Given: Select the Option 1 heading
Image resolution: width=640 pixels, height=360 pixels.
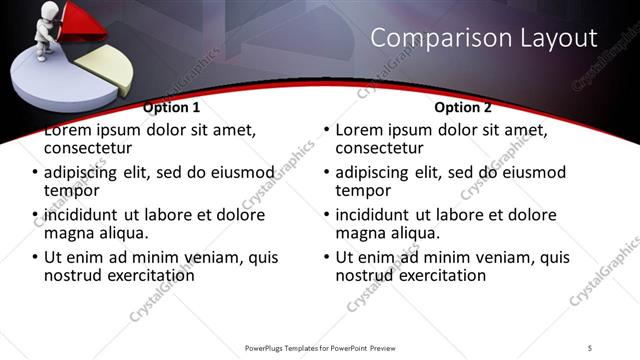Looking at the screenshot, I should tap(171, 106).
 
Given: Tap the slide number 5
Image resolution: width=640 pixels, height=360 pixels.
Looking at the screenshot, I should tap(591, 347).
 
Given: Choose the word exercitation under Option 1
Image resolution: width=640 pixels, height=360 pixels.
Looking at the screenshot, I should tap(149, 274).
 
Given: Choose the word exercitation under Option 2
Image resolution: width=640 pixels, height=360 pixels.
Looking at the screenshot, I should tap(439, 274).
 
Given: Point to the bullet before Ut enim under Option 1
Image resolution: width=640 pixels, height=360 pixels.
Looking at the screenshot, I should tap(36, 258).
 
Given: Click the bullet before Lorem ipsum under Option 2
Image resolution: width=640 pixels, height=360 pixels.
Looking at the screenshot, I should tap(326, 130).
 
